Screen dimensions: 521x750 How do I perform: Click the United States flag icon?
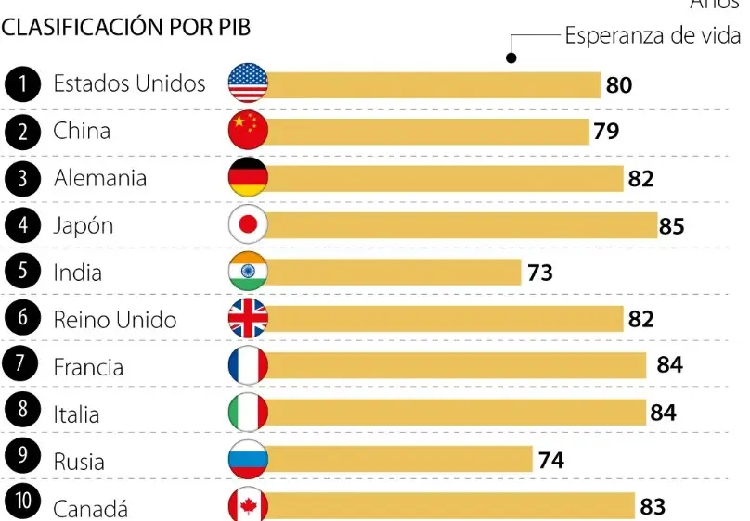(x=248, y=84)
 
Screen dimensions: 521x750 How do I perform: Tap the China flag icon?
(x=248, y=131)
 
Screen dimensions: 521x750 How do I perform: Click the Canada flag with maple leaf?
(x=248, y=506)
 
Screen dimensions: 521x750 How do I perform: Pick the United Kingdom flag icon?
(x=248, y=319)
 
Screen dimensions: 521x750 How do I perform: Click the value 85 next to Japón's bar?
(x=671, y=226)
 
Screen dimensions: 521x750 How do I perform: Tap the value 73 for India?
(x=539, y=273)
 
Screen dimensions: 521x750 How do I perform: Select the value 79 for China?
(x=606, y=132)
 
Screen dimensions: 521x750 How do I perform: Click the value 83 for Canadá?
(x=653, y=507)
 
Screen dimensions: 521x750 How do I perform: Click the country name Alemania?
(x=100, y=178)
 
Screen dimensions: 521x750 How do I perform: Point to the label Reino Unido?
(x=115, y=320)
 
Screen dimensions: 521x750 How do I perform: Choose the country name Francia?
(x=88, y=367)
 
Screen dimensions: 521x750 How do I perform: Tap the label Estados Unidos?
(x=129, y=83)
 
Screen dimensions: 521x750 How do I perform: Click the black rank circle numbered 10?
(x=22, y=504)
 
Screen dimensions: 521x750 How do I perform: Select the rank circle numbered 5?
(x=22, y=272)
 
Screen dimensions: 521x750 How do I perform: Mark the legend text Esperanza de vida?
(x=653, y=36)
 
